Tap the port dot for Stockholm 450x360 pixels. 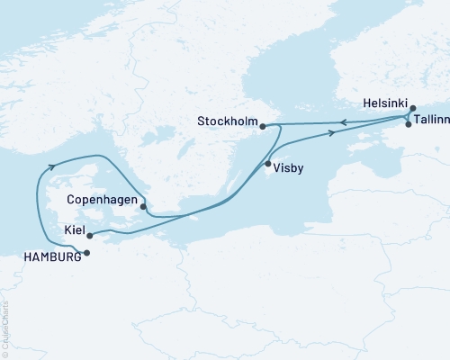pyautogui.click(x=262, y=127)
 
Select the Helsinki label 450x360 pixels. pyautogui.click(x=384, y=103)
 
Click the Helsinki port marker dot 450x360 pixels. pyautogui.click(x=412, y=109)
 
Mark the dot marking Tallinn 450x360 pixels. pyautogui.click(x=409, y=125)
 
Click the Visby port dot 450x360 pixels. pyautogui.click(x=267, y=164)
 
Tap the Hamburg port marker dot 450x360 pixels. pyautogui.click(x=87, y=254)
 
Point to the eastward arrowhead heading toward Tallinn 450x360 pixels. pyautogui.click(x=334, y=134)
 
